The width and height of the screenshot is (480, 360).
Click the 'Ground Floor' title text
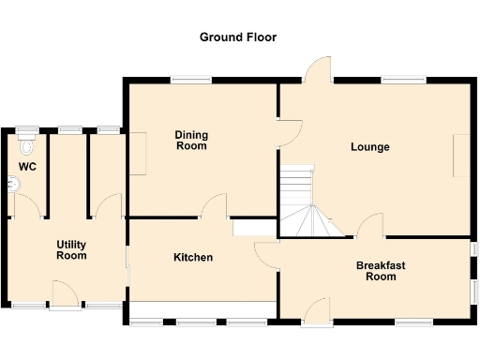coord(238,37)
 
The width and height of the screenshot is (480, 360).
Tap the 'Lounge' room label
coord(370,147)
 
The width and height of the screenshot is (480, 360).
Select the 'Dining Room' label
coord(191,141)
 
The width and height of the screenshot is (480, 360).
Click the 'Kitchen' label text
coord(193,257)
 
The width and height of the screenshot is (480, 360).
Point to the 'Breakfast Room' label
coord(381,271)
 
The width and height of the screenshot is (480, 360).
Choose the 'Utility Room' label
coord(71,249)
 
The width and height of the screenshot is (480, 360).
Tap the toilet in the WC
coord(27,145)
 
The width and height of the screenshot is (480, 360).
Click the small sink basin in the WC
coord(12,186)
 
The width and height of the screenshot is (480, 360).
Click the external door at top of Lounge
coord(320,68)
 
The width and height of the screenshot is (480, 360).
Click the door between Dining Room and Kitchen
coord(216,206)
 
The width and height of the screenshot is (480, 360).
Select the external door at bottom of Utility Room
coord(65,295)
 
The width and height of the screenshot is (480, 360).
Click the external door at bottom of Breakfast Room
coord(317,312)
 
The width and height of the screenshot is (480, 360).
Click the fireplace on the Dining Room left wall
coord(138,153)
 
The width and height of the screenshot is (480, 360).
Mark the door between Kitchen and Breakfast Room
coord(267,254)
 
